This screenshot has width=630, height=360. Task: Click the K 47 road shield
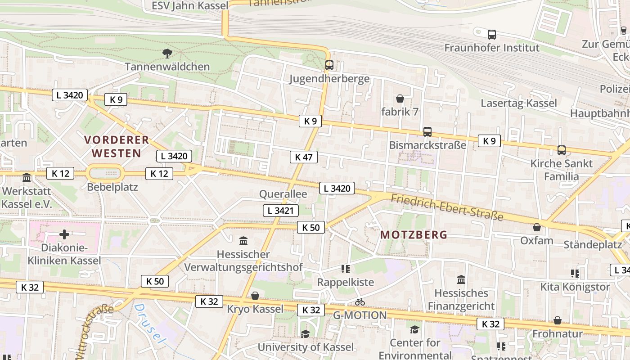tap(304, 157)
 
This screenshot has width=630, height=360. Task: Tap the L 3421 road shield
tap(280, 210)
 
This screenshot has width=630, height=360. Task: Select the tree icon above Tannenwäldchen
tap(167, 54)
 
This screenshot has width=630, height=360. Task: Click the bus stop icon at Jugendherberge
tap(329, 65)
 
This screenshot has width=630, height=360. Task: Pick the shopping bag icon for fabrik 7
tap(400, 99)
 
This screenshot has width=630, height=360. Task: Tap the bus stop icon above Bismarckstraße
tap(427, 132)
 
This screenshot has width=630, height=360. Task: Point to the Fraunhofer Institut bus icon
tap(492, 34)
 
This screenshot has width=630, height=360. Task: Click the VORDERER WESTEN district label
tap(117, 146)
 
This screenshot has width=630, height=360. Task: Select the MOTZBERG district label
tap(414, 234)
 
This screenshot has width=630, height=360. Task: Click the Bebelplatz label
tap(112, 187)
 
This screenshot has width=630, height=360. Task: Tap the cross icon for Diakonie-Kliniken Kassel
tap(64, 234)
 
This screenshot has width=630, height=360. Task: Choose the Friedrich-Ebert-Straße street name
tap(446, 207)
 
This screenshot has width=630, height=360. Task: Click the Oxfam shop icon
tap(536, 227)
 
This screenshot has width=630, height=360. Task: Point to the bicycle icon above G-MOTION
tap(360, 302)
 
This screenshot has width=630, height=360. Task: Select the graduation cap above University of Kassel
tap(305, 334)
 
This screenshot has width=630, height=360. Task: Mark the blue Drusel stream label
tap(148, 321)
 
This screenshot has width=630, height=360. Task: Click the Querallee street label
tap(283, 194)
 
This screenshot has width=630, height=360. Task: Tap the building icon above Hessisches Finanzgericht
tap(461, 280)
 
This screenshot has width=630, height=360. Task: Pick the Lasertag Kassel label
tap(519, 103)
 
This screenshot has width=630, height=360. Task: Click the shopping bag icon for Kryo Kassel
tap(255, 296)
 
